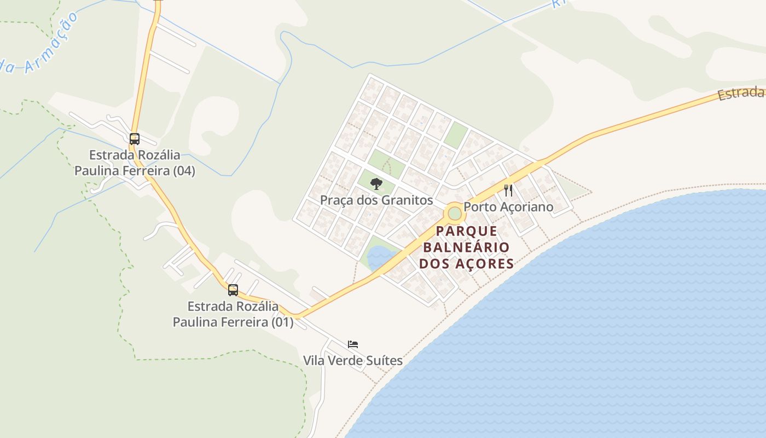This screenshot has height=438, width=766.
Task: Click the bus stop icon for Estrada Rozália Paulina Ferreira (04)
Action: click(x=135, y=139)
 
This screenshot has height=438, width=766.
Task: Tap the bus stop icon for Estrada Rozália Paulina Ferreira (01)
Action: click(x=233, y=290)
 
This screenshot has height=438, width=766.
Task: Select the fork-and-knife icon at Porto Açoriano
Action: click(x=508, y=191)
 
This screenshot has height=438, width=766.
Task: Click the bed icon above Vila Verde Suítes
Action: click(x=353, y=344)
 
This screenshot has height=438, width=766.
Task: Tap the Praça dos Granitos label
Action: click(x=376, y=200)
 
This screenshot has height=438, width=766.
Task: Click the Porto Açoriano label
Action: click(x=508, y=207)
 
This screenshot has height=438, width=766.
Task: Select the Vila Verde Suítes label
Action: click(x=353, y=361)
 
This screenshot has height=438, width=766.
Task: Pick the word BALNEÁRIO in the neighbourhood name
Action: click(x=466, y=247)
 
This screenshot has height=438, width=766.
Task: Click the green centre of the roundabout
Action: click(x=455, y=213)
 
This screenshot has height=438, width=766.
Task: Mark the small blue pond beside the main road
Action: click(x=380, y=256)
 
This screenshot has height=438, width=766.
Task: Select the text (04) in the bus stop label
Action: click(x=183, y=171)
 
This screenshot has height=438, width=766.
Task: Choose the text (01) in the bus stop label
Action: click(x=282, y=322)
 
